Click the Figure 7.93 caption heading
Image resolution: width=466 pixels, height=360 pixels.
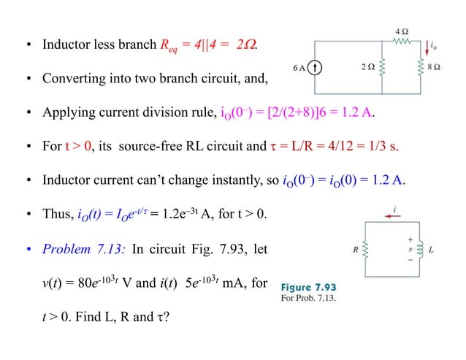[309, 286]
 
